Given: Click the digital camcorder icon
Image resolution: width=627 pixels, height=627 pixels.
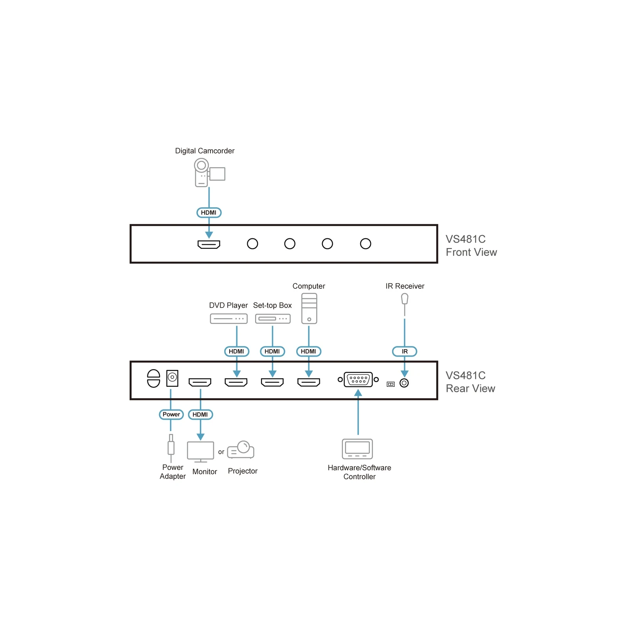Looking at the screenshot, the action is [x=210, y=172].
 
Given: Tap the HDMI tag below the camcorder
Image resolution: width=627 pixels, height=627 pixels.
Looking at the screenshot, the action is [x=209, y=212].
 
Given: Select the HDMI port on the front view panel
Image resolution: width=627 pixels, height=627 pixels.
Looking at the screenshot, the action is [x=209, y=245].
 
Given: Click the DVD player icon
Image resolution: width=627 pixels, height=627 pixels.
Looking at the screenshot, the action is [x=229, y=319].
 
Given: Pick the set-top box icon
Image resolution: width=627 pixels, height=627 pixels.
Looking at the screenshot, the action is [x=273, y=319].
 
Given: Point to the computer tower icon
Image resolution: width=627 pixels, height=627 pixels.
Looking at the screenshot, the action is [x=309, y=308].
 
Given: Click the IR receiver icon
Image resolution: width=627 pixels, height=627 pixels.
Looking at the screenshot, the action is [x=405, y=305].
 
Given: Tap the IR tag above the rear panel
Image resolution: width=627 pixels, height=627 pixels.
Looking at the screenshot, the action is [x=405, y=352].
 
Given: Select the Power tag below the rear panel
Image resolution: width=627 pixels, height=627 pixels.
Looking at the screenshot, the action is [x=171, y=415].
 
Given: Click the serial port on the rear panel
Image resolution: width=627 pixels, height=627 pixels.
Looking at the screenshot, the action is [x=358, y=379].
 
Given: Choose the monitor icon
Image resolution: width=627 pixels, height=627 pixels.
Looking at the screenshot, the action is [x=201, y=452].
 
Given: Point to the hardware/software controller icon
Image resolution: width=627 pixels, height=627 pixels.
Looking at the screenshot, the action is [x=357, y=449].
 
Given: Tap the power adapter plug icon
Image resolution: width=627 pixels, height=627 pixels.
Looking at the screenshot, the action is [x=171, y=448].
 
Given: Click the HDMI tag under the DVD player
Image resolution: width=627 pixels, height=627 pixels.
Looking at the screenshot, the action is [x=237, y=352].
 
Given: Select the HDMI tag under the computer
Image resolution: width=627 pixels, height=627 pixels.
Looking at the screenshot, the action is [x=309, y=352].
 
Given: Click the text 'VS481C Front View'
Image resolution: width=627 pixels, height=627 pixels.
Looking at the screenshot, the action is [x=471, y=246].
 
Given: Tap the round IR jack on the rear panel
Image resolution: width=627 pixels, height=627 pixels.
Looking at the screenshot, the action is [x=404, y=383].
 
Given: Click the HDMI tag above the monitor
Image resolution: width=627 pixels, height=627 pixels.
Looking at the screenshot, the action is [x=201, y=415].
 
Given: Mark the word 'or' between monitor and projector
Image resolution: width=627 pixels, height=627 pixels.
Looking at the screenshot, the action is [x=221, y=452].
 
